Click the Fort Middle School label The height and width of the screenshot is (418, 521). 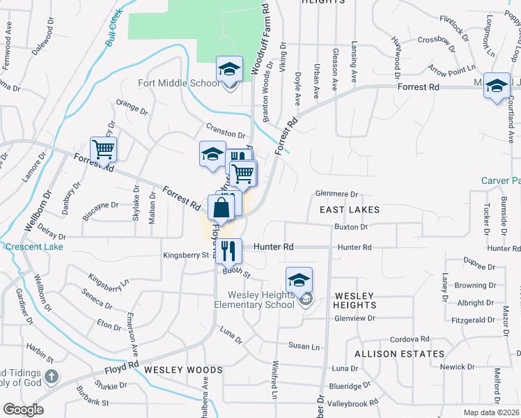click(178, 84)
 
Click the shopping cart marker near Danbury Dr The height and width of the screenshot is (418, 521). click(103, 150)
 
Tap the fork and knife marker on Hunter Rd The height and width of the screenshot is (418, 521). click(228, 251)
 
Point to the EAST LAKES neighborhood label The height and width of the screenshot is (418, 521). click(350, 210)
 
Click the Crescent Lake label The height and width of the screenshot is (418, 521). click(34, 247)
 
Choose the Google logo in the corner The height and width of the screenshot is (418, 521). click(23, 410)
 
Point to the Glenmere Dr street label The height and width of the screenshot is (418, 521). click(336, 195)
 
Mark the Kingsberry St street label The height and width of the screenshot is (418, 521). click(186, 255)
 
